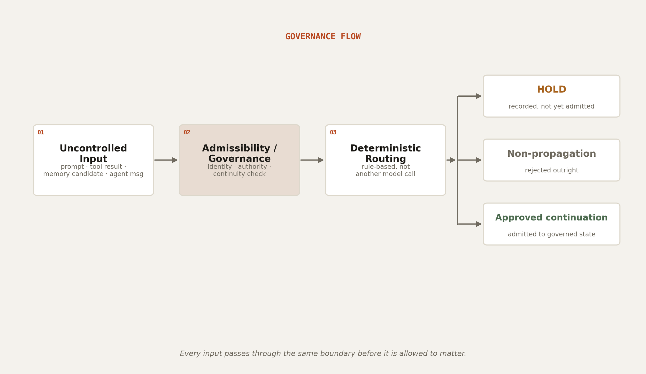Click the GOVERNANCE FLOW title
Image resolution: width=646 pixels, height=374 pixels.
click(x=323, y=37)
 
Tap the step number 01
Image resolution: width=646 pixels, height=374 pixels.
click(x=41, y=133)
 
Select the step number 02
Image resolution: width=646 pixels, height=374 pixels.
click(x=187, y=133)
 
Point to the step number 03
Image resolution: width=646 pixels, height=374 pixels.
click(x=333, y=133)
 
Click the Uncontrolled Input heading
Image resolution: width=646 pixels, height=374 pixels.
click(x=93, y=154)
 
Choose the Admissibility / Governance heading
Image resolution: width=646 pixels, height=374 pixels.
click(x=239, y=154)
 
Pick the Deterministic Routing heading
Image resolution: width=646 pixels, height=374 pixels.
click(x=386, y=154)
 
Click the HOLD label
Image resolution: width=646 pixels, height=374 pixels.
click(x=551, y=90)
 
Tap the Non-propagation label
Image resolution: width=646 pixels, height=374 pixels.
click(x=551, y=154)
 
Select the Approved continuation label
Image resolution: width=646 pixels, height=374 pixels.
click(x=551, y=218)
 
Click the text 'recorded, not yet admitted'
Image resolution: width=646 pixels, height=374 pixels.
click(x=551, y=106)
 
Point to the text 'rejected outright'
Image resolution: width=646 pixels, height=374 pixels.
click(x=551, y=170)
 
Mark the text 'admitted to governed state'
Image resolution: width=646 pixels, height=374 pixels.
click(x=551, y=234)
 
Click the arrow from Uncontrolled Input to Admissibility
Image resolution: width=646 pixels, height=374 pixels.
click(x=166, y=160)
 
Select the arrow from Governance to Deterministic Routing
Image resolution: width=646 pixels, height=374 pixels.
click(x=312, y=160)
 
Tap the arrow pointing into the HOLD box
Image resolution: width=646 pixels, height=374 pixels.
click(x=470, y=96)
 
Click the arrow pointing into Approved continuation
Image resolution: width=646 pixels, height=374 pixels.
click(x=470, y=224)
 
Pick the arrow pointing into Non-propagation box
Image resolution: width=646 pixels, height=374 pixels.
click(x=470, y=160)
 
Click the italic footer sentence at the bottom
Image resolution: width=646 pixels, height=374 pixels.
click(x=323, y=354)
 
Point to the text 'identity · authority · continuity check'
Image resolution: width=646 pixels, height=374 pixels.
click(x=239, y=170)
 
